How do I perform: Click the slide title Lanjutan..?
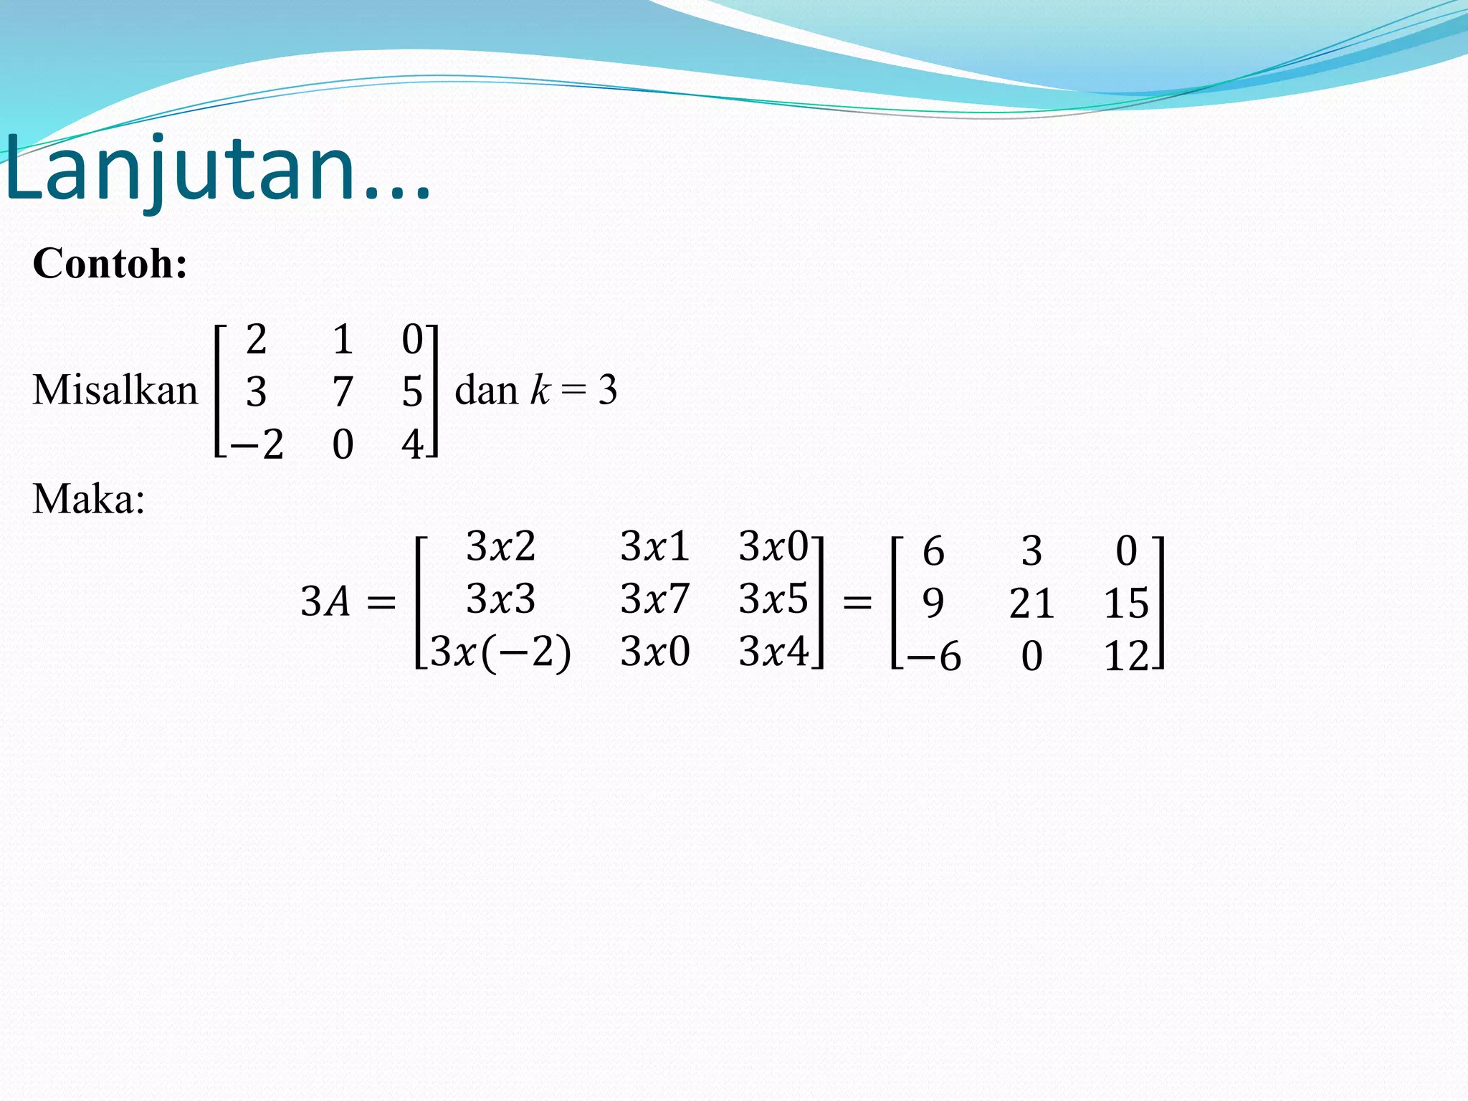tap(215, 171)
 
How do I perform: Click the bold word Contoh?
tap(110, 263)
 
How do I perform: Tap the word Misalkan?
tap(115, 391)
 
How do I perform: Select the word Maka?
tap(88, 499)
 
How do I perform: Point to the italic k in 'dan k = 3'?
tap(539, 391)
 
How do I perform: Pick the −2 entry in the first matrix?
tap(257, 444)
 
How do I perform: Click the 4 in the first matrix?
tap(412, 444)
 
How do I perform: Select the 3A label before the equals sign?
tap(325, 601)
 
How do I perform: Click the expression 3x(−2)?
tap(500, 652)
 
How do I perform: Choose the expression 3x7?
tap(654, 599)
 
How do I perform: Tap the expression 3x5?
tap(773, 599)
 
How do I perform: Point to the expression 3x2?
tap(500, 546)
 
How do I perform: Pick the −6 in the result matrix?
tap(933, 656)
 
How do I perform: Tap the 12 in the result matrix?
tap(1126, 656)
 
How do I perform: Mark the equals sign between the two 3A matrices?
tap(857, 601)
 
